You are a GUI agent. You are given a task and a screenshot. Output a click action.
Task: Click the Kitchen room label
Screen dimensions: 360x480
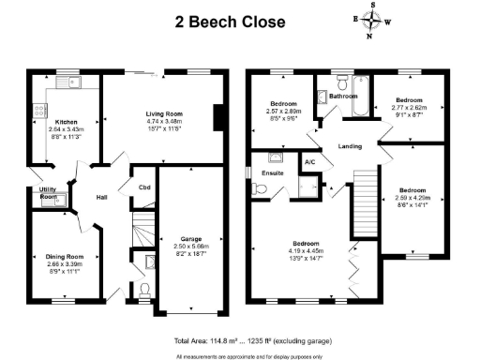click(x=66, y=122)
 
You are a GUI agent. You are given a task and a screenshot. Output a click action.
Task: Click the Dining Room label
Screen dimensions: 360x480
click(x=65, y=256)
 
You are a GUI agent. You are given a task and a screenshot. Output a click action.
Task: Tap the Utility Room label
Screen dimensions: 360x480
click(x=48, y=194)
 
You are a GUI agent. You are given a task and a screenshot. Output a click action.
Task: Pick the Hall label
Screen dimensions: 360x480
click(x=104, y=197)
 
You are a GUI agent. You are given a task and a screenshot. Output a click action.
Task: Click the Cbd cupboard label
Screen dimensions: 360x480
click(x=144, y=187)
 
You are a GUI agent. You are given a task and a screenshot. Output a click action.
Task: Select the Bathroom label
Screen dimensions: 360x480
click(x=343, y=96)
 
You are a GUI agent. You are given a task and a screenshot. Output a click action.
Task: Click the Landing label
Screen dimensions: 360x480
click(x=350, y=146)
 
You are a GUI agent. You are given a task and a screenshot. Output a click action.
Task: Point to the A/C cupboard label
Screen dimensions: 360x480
click(x=309, y=162)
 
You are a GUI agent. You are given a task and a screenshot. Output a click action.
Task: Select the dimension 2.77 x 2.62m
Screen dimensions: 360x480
click(x=409, y=108)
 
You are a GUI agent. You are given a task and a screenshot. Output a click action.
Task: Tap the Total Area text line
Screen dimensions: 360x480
click(x=247, y=339)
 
